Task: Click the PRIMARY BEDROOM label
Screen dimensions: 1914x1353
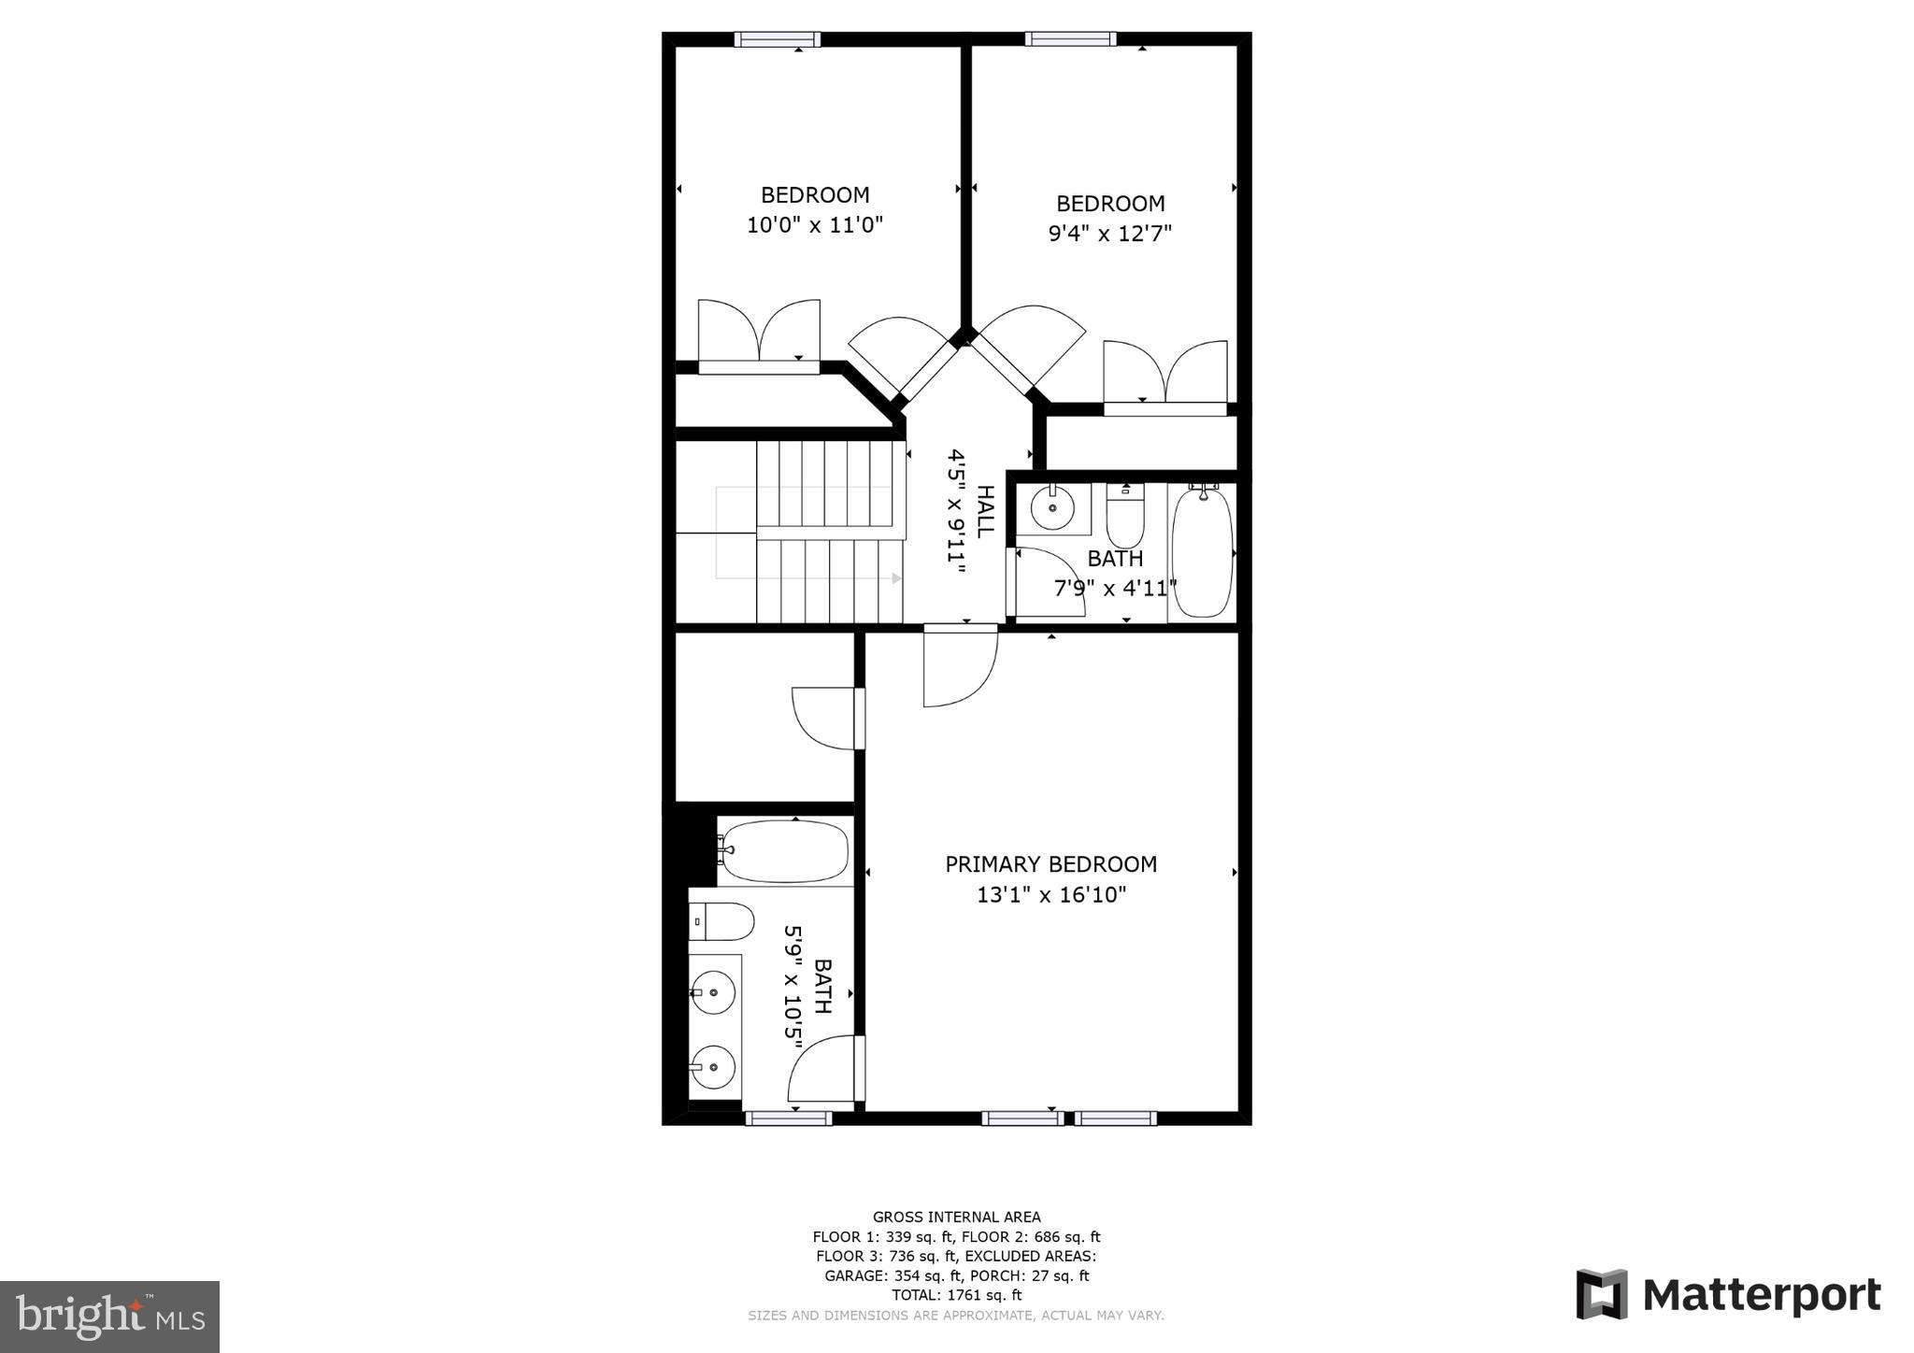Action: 1050,864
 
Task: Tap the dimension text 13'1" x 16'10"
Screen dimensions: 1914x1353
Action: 1051,894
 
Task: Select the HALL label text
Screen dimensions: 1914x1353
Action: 985,511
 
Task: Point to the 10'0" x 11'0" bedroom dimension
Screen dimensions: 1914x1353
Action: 815,225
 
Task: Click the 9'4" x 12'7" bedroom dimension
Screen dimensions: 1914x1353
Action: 1110,233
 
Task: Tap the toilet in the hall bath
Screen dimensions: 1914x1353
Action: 1125,515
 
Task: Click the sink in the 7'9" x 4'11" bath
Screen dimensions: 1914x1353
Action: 1053,508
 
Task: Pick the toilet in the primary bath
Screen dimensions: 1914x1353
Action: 721,921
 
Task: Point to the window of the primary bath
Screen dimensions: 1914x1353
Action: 789,1118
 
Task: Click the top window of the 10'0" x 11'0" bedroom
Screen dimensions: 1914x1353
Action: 778,39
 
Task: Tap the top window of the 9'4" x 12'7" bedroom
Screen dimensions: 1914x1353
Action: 1070,39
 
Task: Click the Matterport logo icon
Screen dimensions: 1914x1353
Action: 1602,1294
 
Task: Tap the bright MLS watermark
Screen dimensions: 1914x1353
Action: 110,1317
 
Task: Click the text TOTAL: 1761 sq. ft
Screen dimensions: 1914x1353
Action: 956,1295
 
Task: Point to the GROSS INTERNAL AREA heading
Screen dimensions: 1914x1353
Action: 956,1217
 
